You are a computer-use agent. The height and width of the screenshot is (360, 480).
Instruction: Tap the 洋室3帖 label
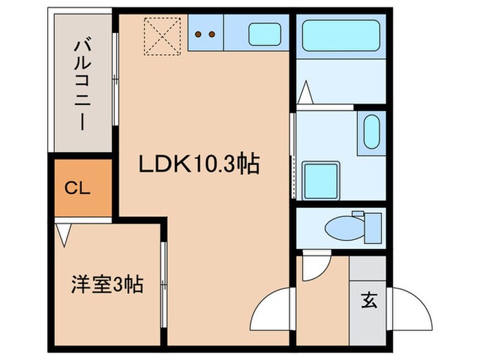pos(108,284)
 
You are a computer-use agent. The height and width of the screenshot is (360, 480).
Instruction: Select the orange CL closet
pos(79,189)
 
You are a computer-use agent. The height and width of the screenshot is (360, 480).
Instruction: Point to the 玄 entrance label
pos(368,300)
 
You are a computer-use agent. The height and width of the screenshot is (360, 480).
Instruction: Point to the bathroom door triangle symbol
pos(306,91)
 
